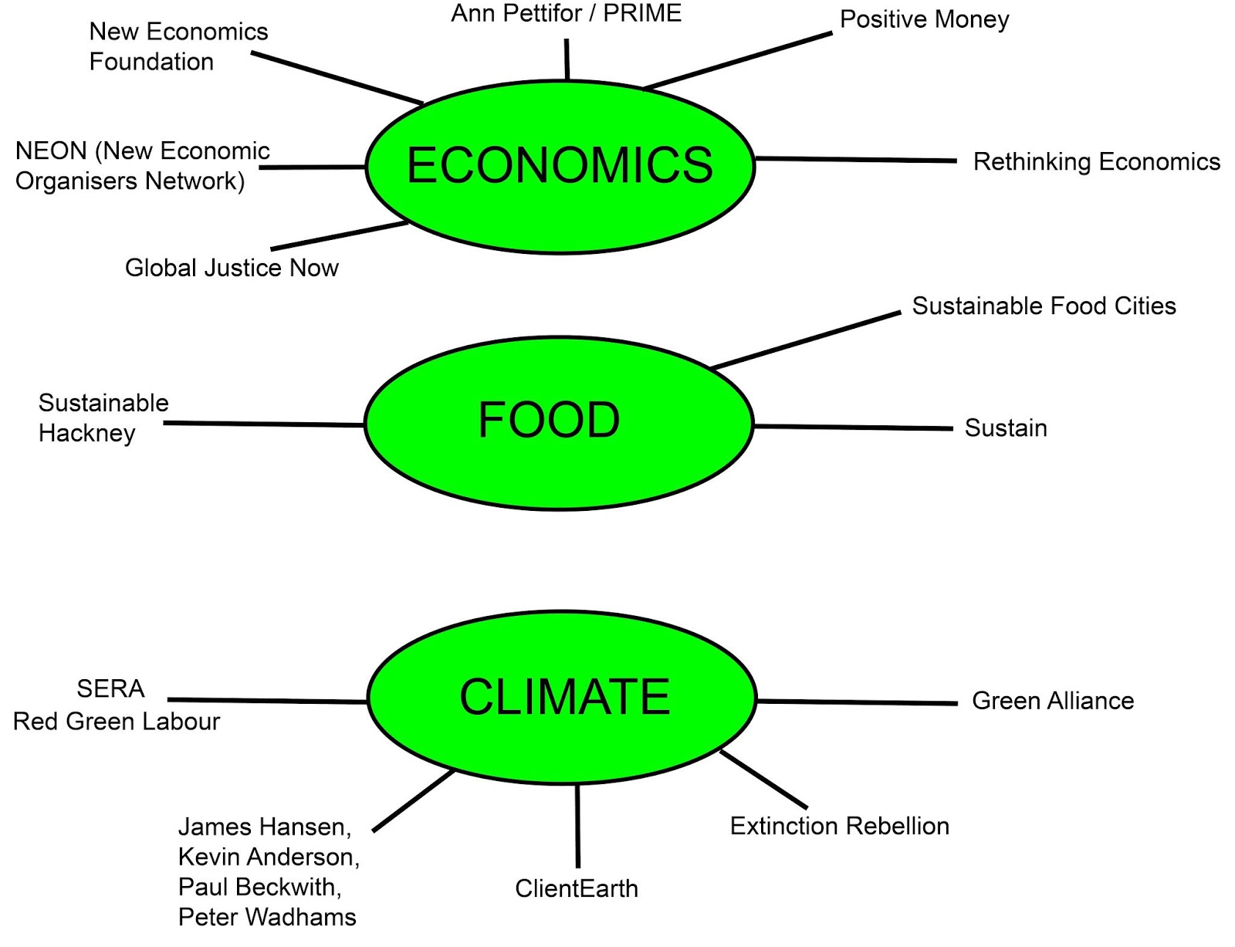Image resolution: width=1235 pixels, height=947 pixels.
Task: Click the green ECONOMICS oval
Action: tap(560, 166)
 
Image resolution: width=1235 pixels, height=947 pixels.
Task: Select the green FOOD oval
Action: tap(557, 422)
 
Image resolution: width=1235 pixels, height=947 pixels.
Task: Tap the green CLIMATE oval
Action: tap(562, 697)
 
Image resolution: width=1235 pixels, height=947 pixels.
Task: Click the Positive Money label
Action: tap(924, 19)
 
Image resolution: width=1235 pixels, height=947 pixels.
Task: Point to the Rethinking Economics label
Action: tap(1096, 162)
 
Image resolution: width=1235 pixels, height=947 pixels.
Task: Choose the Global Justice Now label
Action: tap(232, 268)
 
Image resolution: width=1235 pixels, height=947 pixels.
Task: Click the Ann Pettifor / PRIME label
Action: tap(566, 13)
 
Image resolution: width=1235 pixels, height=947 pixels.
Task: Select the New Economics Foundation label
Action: tap(178, 46)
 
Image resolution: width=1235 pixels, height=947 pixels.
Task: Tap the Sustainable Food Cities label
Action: tap(1044, 306)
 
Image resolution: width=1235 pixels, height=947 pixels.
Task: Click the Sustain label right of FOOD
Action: tap(1006, 428)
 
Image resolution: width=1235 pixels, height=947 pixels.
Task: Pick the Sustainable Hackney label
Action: tap(103, 418)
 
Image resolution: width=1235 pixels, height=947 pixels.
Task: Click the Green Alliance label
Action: tap(1053, 701)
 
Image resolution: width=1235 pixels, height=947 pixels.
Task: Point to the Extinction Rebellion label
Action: tap(839, 826)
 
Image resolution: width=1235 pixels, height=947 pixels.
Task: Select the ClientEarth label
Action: tap(577, 888)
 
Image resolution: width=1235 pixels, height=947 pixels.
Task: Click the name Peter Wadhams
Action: tap(267, 917)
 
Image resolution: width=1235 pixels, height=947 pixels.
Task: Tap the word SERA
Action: tap(110, 688)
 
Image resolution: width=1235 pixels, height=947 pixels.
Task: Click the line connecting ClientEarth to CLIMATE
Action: tap(577, 826)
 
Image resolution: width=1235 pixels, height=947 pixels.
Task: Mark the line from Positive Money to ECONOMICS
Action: tap(737, 61)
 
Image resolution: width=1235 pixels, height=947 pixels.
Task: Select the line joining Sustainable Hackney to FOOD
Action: tap(262, 424)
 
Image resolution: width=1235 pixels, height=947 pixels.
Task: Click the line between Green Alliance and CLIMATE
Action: tap(857, 702)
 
